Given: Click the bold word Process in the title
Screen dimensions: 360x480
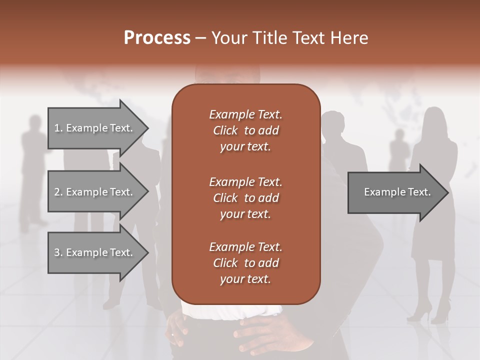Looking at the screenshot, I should tap(157, 38).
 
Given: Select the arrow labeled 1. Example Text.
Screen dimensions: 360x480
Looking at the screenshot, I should tap(95, 128).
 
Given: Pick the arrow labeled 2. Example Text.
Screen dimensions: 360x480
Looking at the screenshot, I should tap(95, 192).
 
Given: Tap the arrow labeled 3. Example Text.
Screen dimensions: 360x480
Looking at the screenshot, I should tap(95, 253).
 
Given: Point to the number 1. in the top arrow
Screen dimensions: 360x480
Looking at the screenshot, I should tap(58, 128).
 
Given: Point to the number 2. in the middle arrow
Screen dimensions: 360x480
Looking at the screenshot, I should tap(58, 192).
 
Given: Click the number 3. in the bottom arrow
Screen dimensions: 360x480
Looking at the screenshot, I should tap(58, 253).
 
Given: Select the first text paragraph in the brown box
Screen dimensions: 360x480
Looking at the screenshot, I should tap(245, 130).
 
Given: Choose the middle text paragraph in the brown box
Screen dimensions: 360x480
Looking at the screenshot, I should tap(245, 197).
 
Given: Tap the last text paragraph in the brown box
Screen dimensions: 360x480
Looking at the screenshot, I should tap(245, 263).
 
